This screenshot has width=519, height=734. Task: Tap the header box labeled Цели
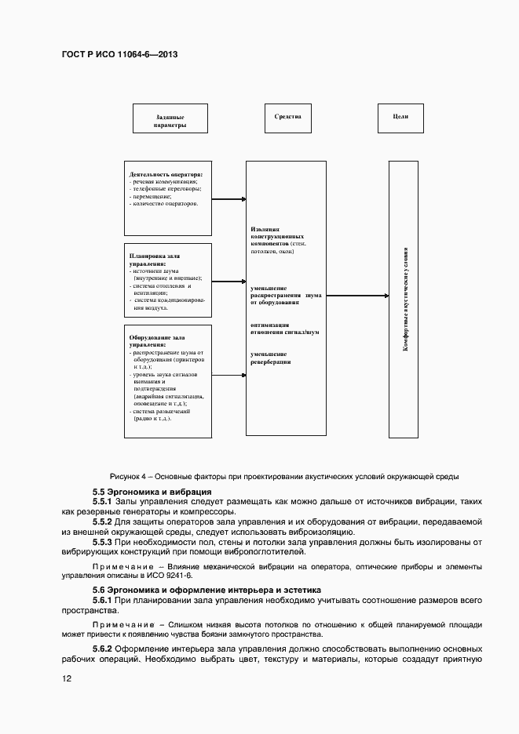(399, 117)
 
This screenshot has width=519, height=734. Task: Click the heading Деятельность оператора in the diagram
(166, 174)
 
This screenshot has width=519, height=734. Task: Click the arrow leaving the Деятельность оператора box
(228, 199)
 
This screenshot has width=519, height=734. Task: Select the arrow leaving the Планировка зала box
(228, 281)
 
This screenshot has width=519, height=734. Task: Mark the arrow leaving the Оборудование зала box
(228, 376)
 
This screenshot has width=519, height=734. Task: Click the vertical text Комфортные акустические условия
(405, 299)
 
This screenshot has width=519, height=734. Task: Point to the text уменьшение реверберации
(271, 358)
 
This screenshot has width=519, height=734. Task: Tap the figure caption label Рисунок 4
(126, 476)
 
